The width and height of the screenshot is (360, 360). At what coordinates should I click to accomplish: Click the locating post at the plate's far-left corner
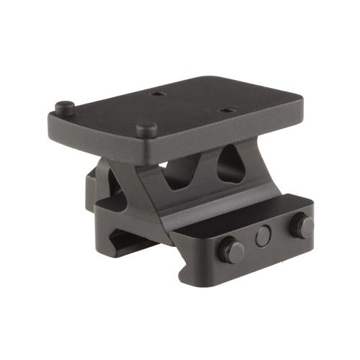point(64,107)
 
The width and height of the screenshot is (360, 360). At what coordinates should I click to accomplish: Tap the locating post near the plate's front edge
point(147,130)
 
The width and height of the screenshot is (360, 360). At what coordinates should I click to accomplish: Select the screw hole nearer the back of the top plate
point(157,94)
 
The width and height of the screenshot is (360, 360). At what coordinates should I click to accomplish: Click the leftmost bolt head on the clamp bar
point(232,251)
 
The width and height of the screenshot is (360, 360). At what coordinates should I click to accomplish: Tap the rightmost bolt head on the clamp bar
point(302,225)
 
